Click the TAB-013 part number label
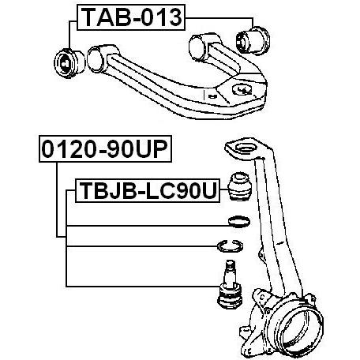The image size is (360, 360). point(131,17)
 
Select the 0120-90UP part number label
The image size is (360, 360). point(105,148)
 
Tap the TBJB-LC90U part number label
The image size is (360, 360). point(148,190)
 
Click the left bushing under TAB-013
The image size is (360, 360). point(69,63)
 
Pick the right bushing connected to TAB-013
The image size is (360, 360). point(253,41)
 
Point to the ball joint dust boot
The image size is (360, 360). point(239,186)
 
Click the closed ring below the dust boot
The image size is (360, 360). point(239,222)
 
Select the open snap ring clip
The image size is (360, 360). point(230,246)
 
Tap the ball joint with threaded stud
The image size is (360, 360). point(230,284)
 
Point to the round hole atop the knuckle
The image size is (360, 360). point(245,148)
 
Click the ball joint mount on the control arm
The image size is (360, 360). point(242,89)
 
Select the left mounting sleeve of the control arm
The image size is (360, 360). point(98,59)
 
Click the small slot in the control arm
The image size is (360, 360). point(212,96)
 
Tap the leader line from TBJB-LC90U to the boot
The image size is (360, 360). point(223,189)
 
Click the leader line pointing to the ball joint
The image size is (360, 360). point(143,286)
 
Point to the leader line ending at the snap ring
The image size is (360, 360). point(142,246)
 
